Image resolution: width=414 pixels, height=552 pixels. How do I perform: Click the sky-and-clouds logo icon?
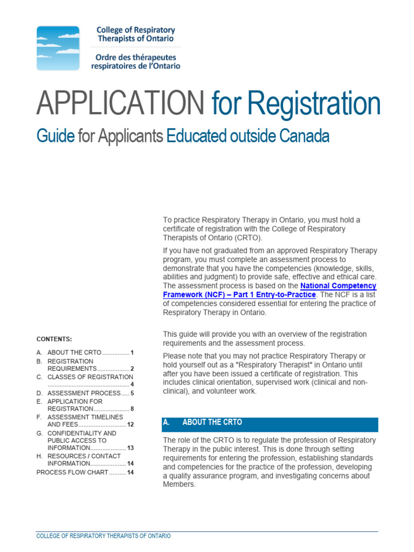pyautogui.click(x=58, y=48)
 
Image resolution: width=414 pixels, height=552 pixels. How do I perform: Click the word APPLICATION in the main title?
pyautogui.click(x=120, y=103)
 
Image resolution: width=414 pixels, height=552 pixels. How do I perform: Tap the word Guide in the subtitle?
pyautogui.click(x=55, y=136)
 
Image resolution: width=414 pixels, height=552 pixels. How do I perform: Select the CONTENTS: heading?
pyautogui.click(x=54, y=339)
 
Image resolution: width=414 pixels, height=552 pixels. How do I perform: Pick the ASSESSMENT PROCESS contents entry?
pyautogui.click(x=83, y=394)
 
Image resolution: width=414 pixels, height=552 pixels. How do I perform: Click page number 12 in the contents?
pyautogui.click(x=130, y=425)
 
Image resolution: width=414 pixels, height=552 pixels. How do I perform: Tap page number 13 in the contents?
pyautogui.click(x=130, y=448)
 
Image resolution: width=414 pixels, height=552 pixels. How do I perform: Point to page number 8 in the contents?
pyautogui.click(x=132, y=409)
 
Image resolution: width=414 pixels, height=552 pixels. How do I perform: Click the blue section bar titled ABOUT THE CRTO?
pyautogui.click(x=270, y=423)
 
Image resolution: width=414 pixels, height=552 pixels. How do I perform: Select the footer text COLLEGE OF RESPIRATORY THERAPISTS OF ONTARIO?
pyautogui.click(x=103, y=536)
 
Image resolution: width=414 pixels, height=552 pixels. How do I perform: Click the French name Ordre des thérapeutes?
pyautogui.click(x=136, y=57)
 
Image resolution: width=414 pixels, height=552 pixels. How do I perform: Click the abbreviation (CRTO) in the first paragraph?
pyautogui.click(x=247, y=238)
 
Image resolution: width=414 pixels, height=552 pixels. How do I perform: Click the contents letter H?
pyautogui.click(x=39, y=456)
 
